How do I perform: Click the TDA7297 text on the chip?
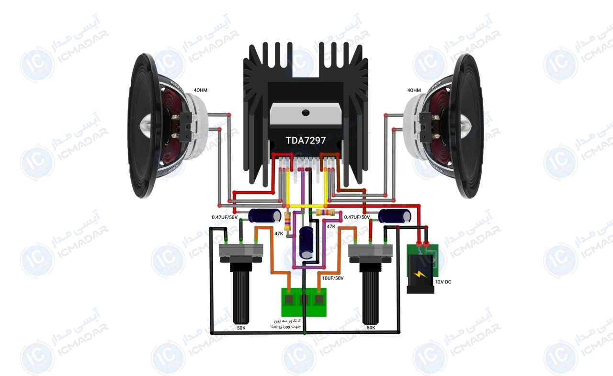click(306, 141)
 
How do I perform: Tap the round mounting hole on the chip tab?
click(306, 112)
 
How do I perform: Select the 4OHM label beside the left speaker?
click(201, 90)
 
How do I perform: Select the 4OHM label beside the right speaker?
click(414, 90)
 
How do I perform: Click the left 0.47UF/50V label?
click(225, 217)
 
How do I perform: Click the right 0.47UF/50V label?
click(357, 217)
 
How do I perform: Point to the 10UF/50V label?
click(332, 278)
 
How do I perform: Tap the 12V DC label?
click(443, 282)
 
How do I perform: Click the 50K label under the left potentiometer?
click(241, 328)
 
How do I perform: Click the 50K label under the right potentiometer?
click(371, 328)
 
